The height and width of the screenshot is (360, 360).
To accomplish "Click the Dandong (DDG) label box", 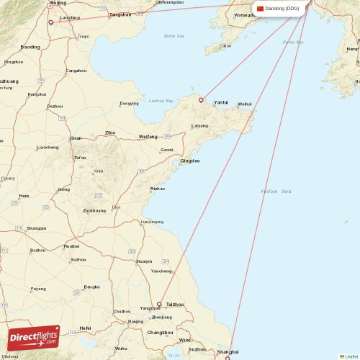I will pos(280,9).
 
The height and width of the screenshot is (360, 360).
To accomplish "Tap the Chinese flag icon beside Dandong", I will pos(261,9).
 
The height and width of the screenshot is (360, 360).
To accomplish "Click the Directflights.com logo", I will pos(34,336).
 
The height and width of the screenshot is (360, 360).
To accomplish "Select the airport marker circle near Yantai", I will pos(202,100).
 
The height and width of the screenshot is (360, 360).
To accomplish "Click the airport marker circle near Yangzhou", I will pos(160,304).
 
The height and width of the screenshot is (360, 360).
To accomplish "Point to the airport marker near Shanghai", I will pos(228,358).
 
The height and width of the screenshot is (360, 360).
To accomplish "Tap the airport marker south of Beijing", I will pos(50,22).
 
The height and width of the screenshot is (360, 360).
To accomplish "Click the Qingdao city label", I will pos(190,161).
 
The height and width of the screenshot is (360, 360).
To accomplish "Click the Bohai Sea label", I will pos(174,35).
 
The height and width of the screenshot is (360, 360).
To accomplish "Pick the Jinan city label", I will pos(76,138).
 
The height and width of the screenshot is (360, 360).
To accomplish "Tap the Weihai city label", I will pos(245,104).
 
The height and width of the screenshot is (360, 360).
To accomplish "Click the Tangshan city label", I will pos(120,14).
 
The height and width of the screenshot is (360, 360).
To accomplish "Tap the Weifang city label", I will pos(148,136).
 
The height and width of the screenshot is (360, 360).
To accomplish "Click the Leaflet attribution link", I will pos(349,356).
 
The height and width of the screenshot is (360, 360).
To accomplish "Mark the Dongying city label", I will pos(129,104).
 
